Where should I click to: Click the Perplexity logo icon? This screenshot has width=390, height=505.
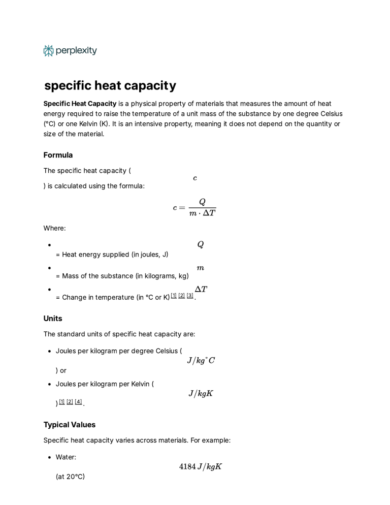pos(48,51)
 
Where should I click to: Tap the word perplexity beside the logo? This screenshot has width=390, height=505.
pos(76,51)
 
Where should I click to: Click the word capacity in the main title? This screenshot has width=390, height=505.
pos(150,85)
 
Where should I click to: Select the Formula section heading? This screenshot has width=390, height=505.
pos(58,155)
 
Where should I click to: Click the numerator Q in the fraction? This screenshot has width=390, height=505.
pos(202,202)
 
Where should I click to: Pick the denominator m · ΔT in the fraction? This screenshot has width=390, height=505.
pos(202,213)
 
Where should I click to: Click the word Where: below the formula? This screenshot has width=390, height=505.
pos(54,228)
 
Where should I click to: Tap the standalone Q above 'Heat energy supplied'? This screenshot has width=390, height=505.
pos(201,244)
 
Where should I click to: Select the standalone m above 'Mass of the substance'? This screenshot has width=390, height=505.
pos(201,268)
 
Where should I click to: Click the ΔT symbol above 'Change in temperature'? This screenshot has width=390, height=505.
pos(201,289)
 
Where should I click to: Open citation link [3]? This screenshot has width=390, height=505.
pos(190,296)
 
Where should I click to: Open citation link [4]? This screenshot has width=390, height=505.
pos(78,402)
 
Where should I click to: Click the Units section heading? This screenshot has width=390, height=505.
pos(53,319)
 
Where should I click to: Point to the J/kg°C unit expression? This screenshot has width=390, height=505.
pos(201,360)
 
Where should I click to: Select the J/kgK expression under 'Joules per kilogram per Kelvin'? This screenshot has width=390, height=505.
pos(201,393)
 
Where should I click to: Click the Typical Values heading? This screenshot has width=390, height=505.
pos(70,425)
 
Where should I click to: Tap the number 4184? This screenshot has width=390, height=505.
pos(187,466)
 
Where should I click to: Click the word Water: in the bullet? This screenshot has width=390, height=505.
pos(66,457)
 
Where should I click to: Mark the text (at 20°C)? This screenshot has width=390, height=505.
pos(70,477)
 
